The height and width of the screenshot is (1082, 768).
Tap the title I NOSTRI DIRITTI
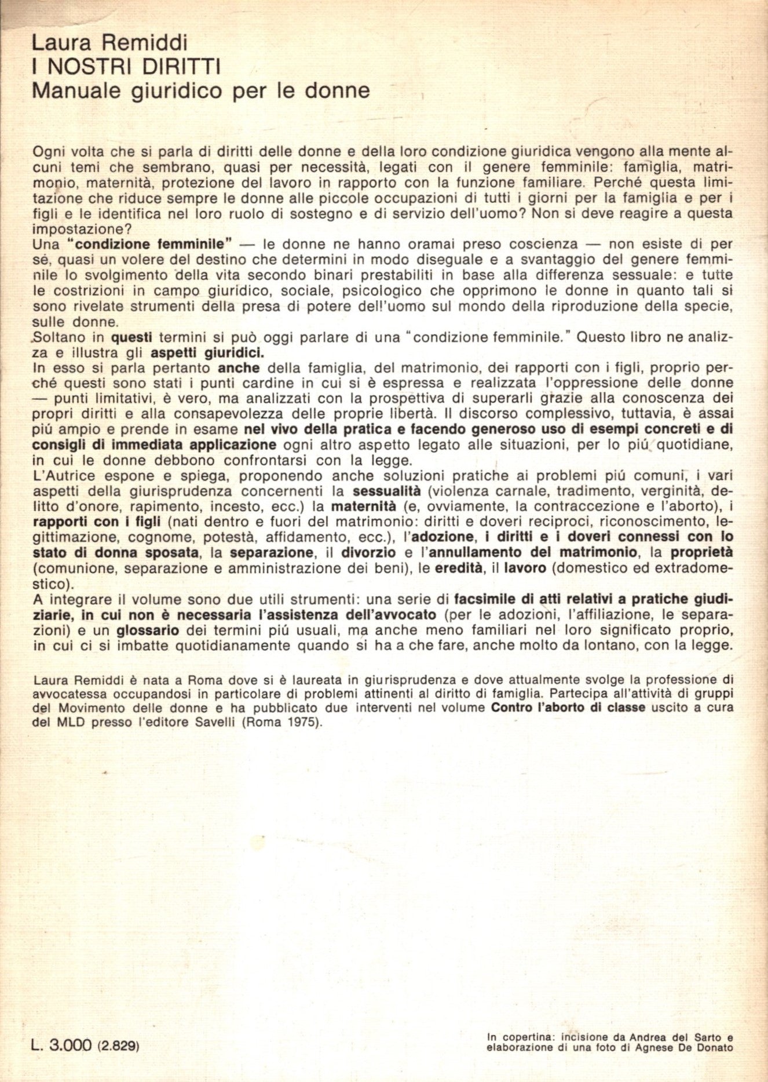click(x=126, y=67)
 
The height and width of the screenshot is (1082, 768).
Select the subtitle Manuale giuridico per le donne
click(x=200, y=91)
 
